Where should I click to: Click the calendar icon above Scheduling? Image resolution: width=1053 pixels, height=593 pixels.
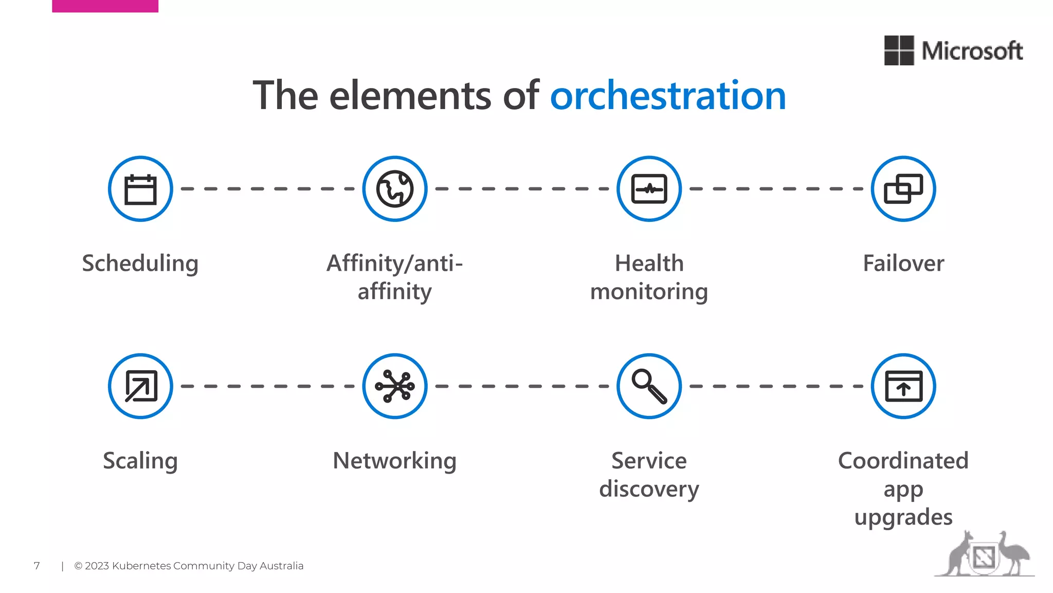pos(140,189)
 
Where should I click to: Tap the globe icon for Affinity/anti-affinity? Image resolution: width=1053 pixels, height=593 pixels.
pos(394,189)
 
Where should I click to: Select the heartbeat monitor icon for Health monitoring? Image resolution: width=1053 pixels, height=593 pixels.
pos(649,189)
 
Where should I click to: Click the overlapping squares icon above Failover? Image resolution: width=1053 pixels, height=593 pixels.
pos(903,189)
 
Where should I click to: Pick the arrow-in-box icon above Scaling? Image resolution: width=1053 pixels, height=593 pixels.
pos(140,386)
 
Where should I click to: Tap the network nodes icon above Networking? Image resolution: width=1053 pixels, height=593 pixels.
pos(394,386)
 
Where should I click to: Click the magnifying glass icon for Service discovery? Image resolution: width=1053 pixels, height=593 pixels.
pos(649,386)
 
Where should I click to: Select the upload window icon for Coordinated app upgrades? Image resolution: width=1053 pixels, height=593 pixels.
pos(903,386)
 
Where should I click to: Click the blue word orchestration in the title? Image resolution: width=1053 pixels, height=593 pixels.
pos(668,96)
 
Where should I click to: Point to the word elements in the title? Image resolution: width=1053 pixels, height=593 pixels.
pos(410,96)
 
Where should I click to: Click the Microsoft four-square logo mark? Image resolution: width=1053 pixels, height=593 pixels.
pos(899,50)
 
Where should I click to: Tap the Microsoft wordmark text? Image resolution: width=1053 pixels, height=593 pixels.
pos(972,51)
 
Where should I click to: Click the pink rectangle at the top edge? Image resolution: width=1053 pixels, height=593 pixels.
pos(105,6)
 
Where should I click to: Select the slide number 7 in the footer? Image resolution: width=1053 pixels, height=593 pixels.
pos(37,566)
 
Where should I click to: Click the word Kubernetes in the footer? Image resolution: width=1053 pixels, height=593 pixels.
pos(141,566)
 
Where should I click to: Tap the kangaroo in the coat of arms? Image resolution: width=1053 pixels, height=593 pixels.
pos(957,554)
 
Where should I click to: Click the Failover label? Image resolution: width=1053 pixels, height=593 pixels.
pos(903,263)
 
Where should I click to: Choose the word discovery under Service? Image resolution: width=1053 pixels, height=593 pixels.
pos(649,489)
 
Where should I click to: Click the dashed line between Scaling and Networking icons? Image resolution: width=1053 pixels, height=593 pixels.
pos(267,386)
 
